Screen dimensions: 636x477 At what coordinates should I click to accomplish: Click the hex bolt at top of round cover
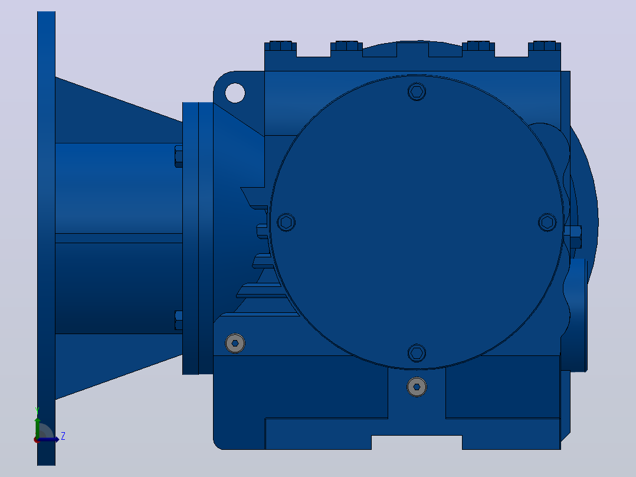(417, 92)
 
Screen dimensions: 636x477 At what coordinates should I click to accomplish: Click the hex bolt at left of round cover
(286, 222)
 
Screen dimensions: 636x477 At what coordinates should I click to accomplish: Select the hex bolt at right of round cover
(547, 222)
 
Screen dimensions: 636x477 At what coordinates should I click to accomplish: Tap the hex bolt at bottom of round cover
(417, 353)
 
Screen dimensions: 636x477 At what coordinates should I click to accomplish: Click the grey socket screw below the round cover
(417, 387)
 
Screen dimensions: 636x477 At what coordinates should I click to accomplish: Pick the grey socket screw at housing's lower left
(235, 344)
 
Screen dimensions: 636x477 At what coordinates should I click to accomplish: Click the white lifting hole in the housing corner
(235, 93)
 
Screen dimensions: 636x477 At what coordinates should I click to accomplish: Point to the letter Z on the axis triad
(63, 436)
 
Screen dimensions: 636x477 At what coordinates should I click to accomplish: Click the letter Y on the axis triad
(37, 410)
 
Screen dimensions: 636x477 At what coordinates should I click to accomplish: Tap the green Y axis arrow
(37, 428)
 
